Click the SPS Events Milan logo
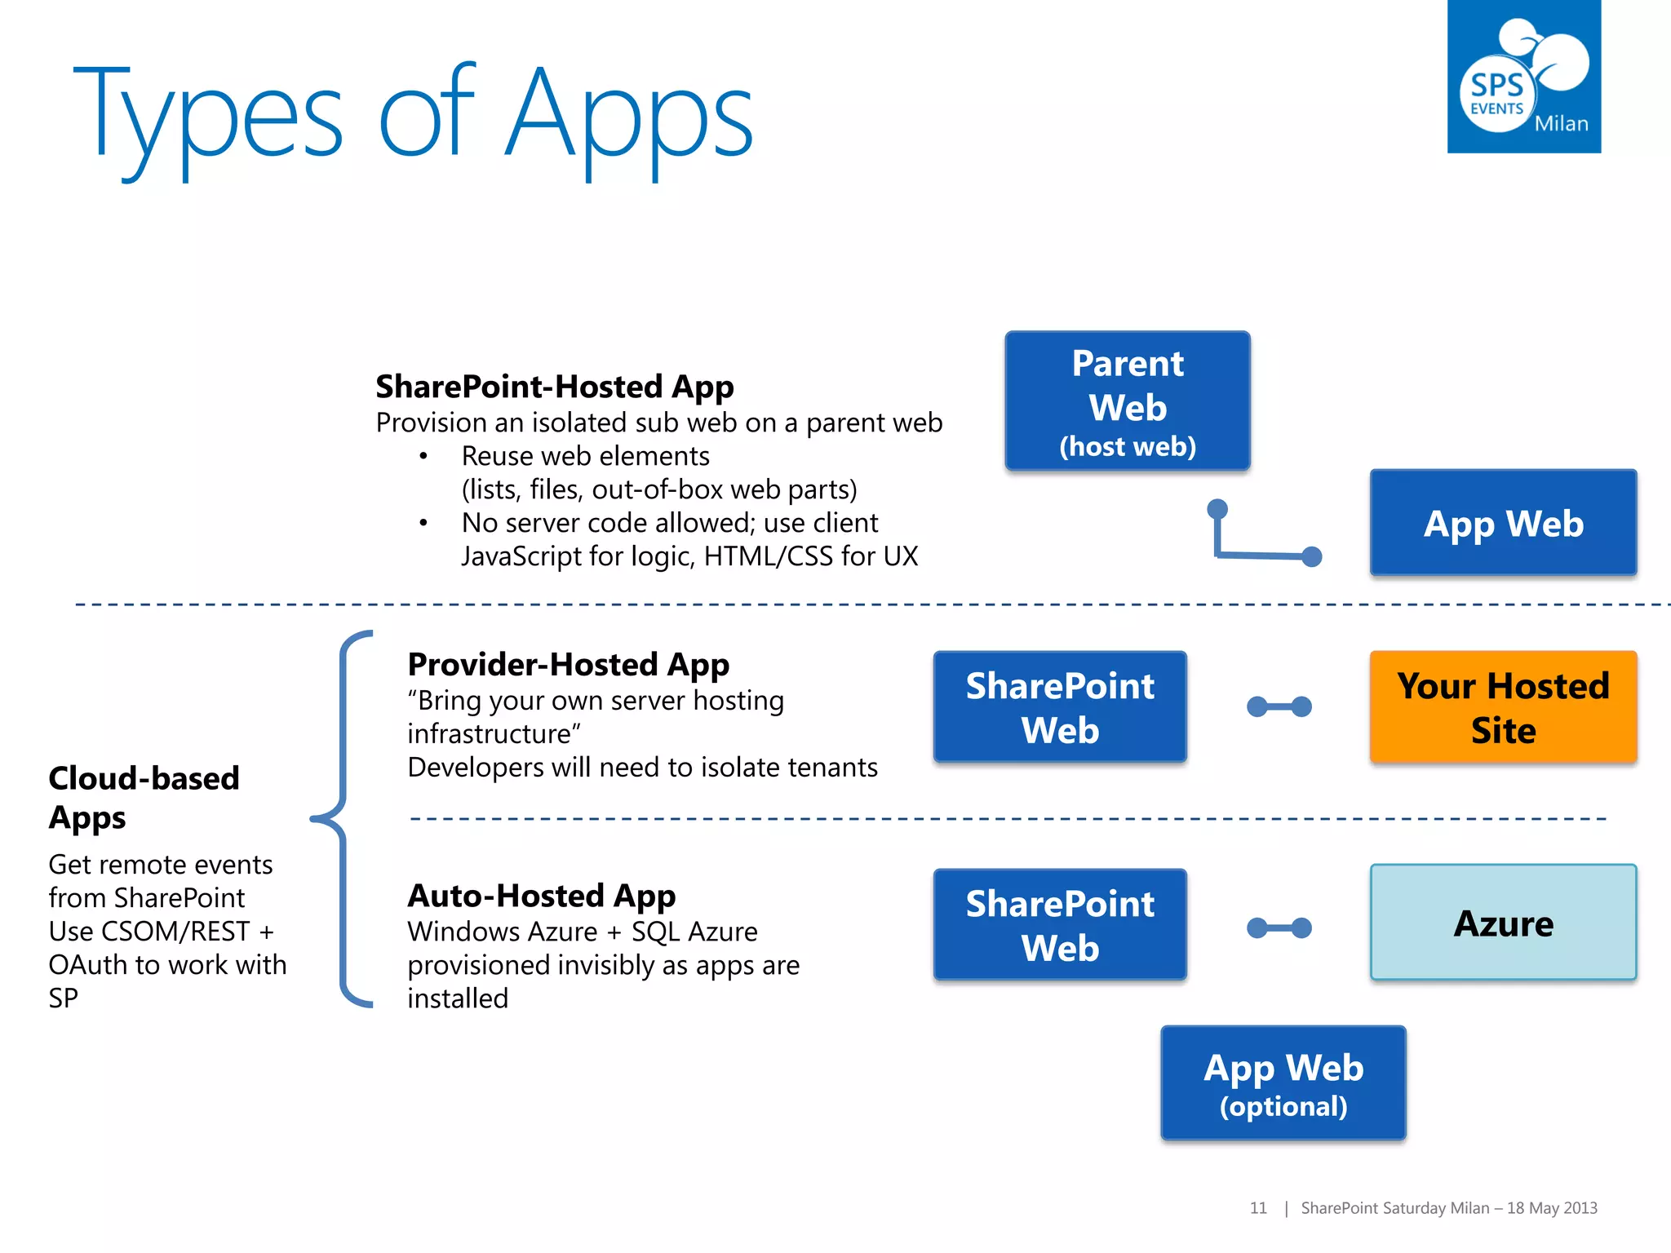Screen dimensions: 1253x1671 1523,77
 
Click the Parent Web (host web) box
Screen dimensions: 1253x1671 1127,401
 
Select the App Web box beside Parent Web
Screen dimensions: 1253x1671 1503,523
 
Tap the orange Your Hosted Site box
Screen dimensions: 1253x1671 1503,707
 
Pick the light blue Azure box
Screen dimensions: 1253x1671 1503,923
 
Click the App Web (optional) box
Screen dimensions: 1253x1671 1283,1083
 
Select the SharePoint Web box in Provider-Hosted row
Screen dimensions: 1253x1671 1059,707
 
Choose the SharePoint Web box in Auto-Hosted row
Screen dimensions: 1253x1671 1059,924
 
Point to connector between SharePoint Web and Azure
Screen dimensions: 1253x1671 1279,928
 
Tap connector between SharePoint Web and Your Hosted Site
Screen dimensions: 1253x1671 1279,706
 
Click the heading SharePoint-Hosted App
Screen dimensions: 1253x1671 554,387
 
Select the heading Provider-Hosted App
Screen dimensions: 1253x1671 568,665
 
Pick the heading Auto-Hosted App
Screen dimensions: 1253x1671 541,896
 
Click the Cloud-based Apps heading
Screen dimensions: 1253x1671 144,797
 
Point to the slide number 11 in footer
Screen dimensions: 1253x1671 1257,1208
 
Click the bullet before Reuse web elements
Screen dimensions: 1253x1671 423,456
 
